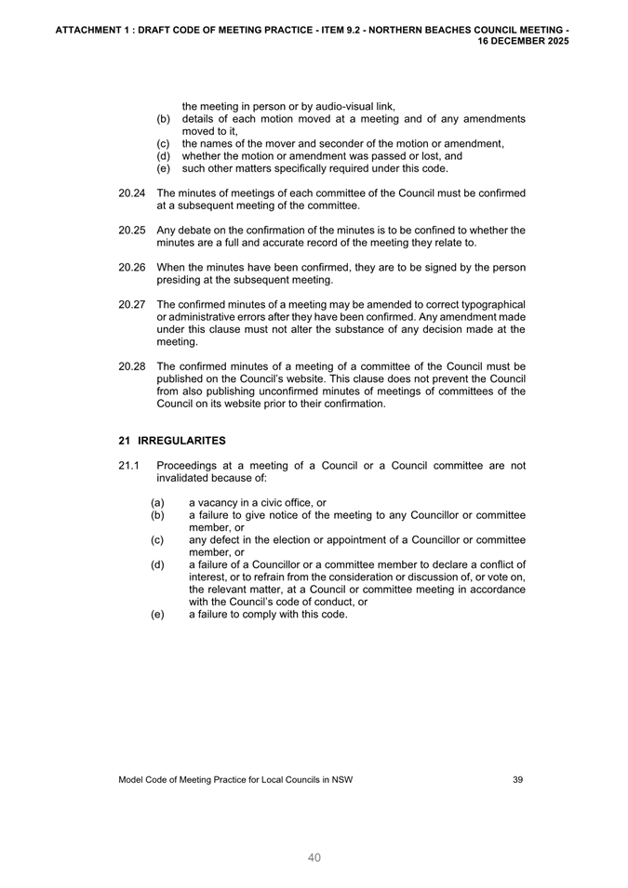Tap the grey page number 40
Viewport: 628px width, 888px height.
pos(314,857)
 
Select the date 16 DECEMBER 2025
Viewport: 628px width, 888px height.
pos(523,42)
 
